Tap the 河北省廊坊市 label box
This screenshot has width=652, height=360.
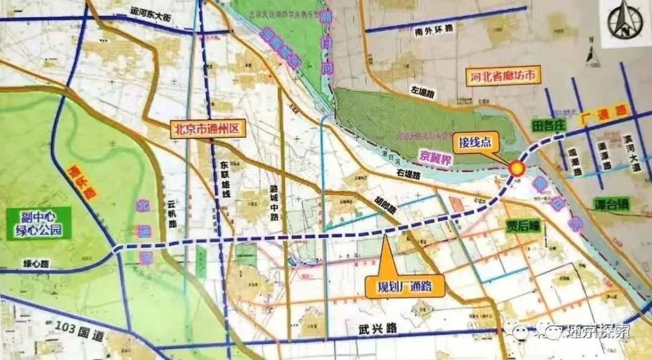pyautogui.click(x=506, y=76)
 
